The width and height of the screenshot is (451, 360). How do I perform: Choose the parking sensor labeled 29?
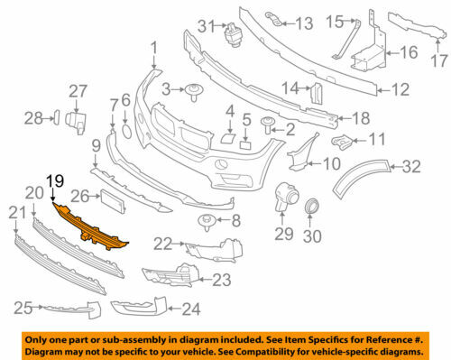pyautogui.click(x=284, y=196)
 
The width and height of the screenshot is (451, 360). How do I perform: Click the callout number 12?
pyautogui.click(x=399, y=89)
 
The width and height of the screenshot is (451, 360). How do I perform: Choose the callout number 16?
pyautogui.click(x=410, y=52)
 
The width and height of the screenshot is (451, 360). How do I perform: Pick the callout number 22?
pyautogui.click(x=162, y=243)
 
